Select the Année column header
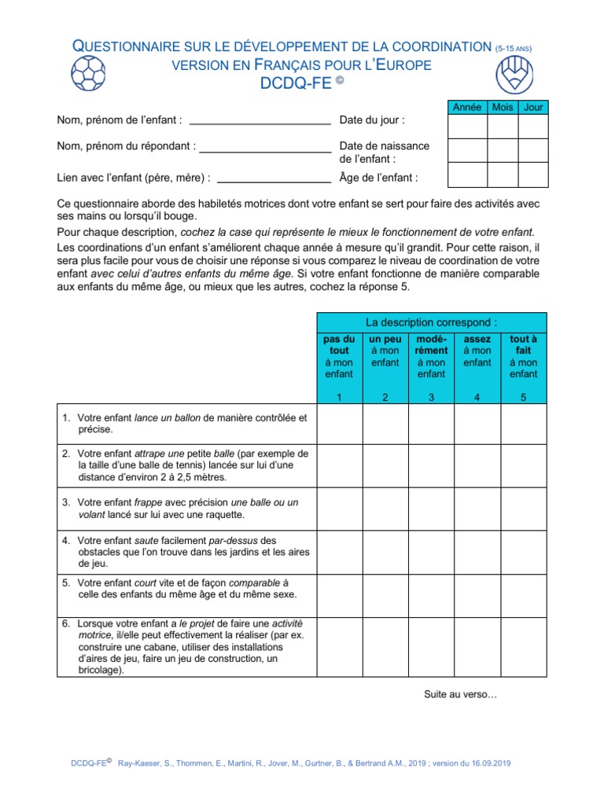pos(466,107)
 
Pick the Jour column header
pos(533,107)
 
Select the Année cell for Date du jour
pos(466,127)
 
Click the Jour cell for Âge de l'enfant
pos(533,175)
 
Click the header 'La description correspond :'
pos(431,322)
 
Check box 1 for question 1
pos(339,425)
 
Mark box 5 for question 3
pos(523,508)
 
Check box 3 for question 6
pos(431,647)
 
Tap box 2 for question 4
pos(385,552)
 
